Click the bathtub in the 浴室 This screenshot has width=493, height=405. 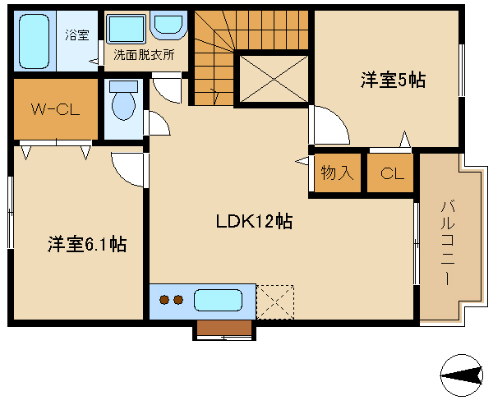pos(35,41)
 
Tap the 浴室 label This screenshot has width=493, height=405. pos(77,35)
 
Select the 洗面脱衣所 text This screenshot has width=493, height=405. pos(144,55)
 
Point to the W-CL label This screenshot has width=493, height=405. pos(55,110)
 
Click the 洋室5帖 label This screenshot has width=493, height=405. pos(393,80)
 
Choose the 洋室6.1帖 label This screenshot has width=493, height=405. pos(87,244)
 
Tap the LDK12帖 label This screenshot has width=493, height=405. pos(255,221)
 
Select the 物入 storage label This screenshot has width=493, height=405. pos(337,173)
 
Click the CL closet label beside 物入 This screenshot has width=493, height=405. pos(392,173)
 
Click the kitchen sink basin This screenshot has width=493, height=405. pos(218,301)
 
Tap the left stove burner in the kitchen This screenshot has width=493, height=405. pos(164,300)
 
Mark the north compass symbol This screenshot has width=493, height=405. pos(462,375)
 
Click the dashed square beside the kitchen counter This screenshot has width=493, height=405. pos(275,301)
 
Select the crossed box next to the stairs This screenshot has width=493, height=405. pos(274,79)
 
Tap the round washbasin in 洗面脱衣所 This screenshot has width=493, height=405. pos(168,25)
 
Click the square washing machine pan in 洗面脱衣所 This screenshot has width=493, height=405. pos(127,29)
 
